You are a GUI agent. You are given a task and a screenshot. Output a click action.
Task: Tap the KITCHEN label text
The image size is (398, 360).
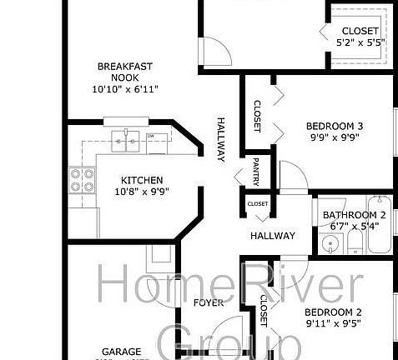coord(141,180)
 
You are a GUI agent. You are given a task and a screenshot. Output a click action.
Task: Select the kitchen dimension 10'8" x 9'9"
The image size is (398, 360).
coord(141,192)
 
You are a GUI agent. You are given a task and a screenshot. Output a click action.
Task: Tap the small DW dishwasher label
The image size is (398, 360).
coord(151,135)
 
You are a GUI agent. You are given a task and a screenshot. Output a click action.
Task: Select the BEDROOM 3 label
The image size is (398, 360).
coord(334,126)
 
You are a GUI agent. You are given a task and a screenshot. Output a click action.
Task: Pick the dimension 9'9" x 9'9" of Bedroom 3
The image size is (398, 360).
coord(334,138)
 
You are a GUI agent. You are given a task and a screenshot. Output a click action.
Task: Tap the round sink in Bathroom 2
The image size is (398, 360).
coord(331,246)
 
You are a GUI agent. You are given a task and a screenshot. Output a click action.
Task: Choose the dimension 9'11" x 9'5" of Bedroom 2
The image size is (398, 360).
coord(334,325)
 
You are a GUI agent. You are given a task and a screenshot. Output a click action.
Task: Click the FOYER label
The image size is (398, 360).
coord(209,302)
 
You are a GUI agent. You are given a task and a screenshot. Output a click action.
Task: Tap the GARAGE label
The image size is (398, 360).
coord(122,352)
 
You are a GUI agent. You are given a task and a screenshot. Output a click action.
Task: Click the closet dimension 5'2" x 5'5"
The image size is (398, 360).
coord(359,41)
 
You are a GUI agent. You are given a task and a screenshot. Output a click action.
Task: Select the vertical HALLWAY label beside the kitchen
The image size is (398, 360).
coord(222,137)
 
